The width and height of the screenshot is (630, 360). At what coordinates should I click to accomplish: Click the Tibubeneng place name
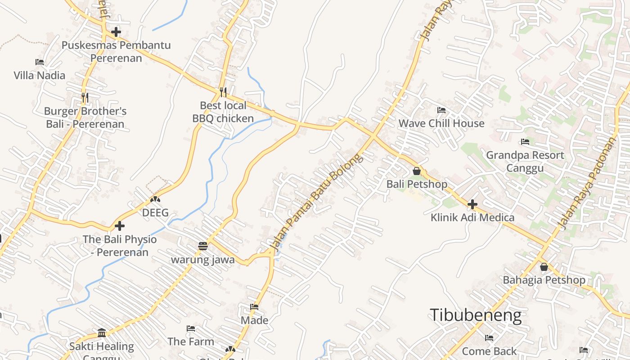pyautogui.click(x=476, y=315)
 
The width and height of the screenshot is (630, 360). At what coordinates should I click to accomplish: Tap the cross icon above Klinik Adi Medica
pyautogui.click(x=472, y=204)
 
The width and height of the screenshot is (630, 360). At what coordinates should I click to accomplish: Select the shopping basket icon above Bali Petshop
pyautogui.click(x=417, y=171)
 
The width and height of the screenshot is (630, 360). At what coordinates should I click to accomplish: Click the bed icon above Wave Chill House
pyautogui.click(x=441, y=110)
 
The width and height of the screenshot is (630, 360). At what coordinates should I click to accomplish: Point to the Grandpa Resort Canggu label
pyautogui.click(x=525, y=162)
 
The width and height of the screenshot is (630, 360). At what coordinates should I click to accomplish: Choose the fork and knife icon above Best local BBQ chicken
pyautogui.click(x=223, y=92)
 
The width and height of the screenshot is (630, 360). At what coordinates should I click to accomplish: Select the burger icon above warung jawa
pyautogui.click(x=203, y=246)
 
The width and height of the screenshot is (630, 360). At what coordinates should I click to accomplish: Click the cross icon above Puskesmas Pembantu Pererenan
pyautogui.click(x=116, y=32)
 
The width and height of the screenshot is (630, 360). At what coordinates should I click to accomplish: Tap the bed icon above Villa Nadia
pyautogui.click(x=40, y=62)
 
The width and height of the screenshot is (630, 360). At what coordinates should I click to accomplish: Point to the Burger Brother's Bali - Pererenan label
pyautogui.click(x=85, y=117)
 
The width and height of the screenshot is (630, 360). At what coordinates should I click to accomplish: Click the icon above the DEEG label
pyautogui.click(x=155, y=199)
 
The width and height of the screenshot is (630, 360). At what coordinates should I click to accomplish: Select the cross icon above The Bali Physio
pyautogui.click(x=120, y=226)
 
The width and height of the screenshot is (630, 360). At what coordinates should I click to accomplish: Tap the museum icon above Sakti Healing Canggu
pyautogui.click(x=102, y=333)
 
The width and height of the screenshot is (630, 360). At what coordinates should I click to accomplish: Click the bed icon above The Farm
pyautogui.click(x=191, y=328)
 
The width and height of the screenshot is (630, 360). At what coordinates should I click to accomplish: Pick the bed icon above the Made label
pyautogui.click(x=254, y=307)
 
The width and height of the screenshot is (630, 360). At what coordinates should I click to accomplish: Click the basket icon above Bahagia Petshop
pyautogui.click(x=544, y=267)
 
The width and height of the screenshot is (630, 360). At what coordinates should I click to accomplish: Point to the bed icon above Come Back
pyautogui.click(x=489, y=338)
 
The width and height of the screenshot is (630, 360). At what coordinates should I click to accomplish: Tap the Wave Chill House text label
pyautogui.click(x=441, y=123)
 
